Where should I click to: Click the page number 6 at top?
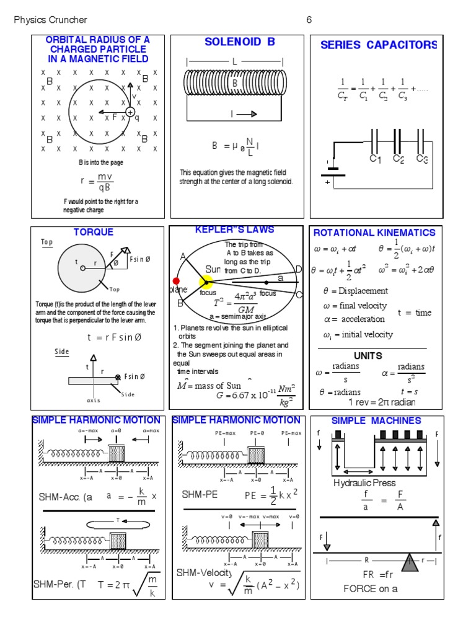[x=309, y=20]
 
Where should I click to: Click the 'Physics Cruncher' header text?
[x=51, y=20]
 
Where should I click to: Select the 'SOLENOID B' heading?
[x=239, y=42]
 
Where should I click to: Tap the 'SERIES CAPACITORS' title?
[x=378, y=45]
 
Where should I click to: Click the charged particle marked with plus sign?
[x=130, y=112]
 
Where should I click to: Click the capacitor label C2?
[x=399, y=159]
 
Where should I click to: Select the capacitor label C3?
[x=422, y=159]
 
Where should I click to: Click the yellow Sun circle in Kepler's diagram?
[x=206, y=282]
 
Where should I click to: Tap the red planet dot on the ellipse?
[x=176, y=281]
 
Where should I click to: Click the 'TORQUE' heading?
[x=94, y=232]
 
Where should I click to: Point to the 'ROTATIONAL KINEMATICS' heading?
[x=374, y=233]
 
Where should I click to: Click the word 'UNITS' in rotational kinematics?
[x=368, y=356]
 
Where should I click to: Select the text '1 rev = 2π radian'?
[x=382, y=402]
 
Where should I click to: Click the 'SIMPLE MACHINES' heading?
[x=376, y=420]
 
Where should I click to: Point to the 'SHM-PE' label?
[x=198, y=494]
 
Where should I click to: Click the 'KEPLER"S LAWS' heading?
[x=234, y=230]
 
